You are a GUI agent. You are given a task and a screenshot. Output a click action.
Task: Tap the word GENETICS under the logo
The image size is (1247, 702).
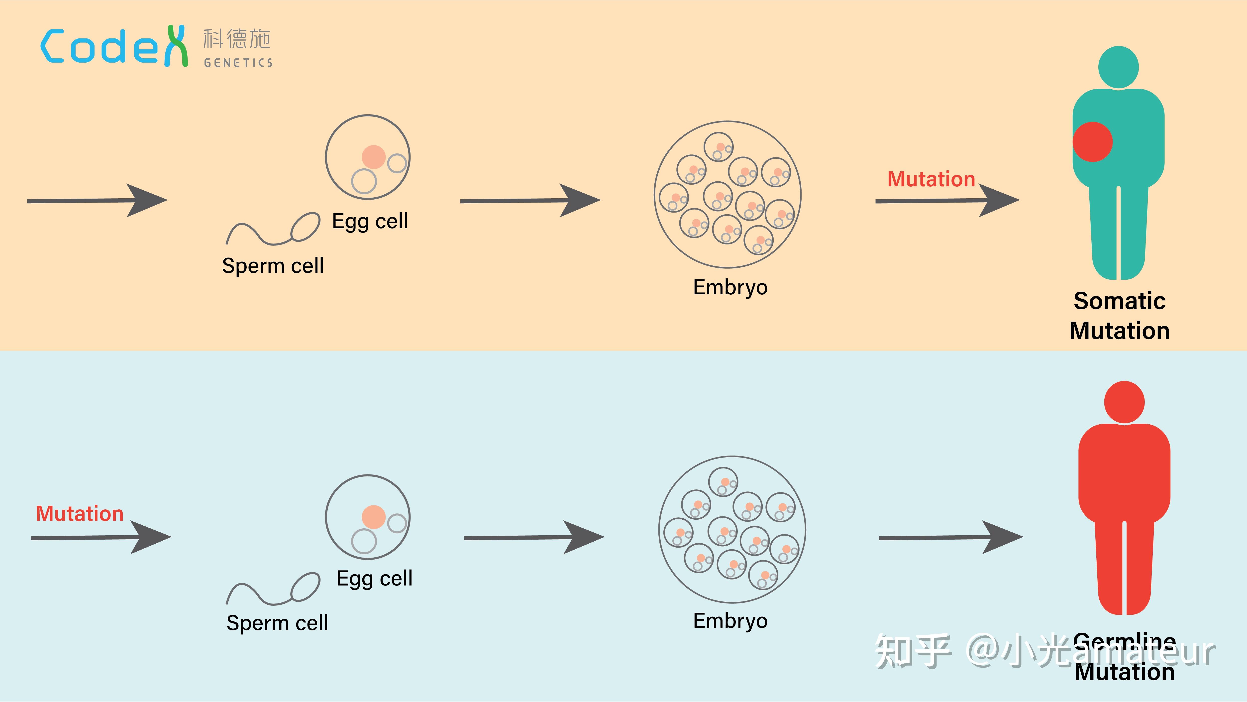click(238, 63)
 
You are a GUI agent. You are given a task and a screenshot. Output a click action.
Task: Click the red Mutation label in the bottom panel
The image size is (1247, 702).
click(80, 514)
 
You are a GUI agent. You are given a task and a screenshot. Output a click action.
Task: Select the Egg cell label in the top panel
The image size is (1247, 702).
click(370, 221)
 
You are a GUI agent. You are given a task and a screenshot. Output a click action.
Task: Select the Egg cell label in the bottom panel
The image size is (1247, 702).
click(374, 579)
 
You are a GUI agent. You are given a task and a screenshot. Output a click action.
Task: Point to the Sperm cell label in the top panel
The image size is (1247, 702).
click(273, 266)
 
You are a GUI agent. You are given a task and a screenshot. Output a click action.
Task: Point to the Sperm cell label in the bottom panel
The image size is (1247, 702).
click(277, 623)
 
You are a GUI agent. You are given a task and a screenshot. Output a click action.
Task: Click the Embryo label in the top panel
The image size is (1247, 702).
click(730, 287)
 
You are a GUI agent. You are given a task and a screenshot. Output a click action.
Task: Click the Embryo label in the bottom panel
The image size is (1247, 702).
click(730, 621)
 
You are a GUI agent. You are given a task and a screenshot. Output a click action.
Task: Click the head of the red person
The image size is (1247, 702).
click(1124, 402)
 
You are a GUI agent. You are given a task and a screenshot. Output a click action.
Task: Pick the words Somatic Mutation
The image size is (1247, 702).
click(1119, 316)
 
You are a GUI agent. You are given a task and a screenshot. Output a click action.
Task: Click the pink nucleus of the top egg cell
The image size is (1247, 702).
click(373, 157)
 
